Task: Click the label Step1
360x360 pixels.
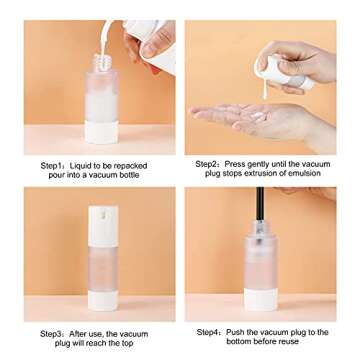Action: click(52, 165)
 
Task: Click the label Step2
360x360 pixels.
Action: click(207, 163)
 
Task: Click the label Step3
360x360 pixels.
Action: click(52, 334)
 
